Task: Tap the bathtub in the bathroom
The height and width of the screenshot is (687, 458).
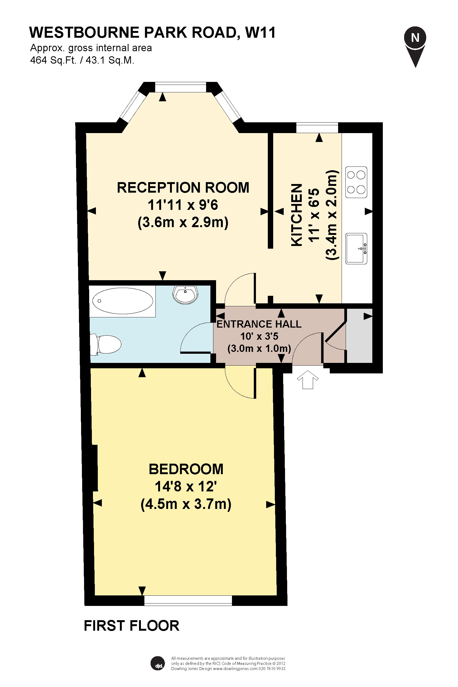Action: point(122,301)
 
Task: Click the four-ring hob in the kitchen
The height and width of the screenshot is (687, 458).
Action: point(356,182)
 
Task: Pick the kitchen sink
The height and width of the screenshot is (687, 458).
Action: point(356,249)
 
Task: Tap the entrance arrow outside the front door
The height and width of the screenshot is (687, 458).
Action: point(308,379)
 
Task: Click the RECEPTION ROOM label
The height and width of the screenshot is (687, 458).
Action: point(183,188)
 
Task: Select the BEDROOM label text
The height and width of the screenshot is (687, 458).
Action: point(186,469)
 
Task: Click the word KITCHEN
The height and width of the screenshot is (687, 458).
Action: point(296,215)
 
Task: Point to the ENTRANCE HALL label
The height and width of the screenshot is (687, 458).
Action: point(259,324)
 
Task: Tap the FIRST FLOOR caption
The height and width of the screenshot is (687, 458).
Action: point(132,626)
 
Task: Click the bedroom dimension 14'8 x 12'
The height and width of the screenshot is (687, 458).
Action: point(186,487)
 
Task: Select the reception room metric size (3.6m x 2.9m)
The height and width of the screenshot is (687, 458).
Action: point(183,223)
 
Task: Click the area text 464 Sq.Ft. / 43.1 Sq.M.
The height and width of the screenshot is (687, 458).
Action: point(82,60)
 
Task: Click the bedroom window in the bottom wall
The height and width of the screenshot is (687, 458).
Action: point(188,601)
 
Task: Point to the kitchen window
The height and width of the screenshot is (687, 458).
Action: point(317,128)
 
